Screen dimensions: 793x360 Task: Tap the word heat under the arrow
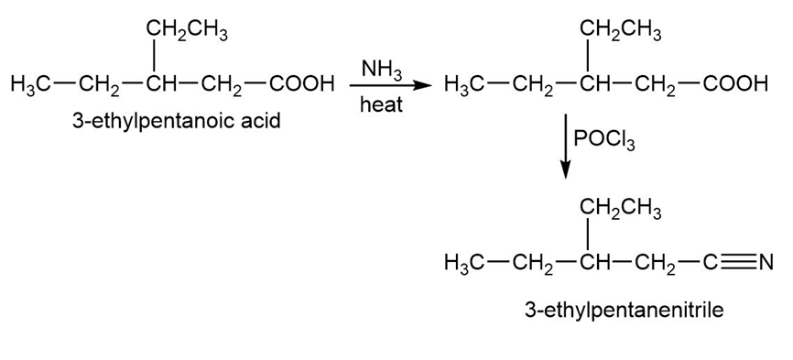click(381, 104)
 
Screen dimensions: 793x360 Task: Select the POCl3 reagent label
click(604, 139)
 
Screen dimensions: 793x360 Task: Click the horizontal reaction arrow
click(390, 85)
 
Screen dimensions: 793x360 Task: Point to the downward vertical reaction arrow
click(565, 147)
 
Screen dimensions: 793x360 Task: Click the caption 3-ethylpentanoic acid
click(176, 122)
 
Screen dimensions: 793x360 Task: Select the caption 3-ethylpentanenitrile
click(625, 309)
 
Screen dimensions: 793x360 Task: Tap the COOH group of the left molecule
click(301, 83)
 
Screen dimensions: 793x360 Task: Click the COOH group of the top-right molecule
click(734, 83)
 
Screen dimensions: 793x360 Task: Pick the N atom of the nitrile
click(766, 262)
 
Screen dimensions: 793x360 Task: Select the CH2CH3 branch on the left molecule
click(187, 31)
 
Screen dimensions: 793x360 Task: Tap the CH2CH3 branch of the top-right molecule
click(621, 31)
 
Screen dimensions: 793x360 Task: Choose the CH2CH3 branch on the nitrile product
click(621, 210)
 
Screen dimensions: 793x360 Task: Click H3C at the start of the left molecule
click(30, 84)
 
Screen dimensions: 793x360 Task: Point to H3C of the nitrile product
click(464, 263)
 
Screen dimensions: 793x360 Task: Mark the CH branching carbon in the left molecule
click(158, 83)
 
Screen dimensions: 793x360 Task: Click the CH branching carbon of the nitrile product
click(592, 262)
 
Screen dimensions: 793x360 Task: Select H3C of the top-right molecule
click(464, 84)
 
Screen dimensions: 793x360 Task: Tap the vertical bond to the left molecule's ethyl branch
click(154, 57)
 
